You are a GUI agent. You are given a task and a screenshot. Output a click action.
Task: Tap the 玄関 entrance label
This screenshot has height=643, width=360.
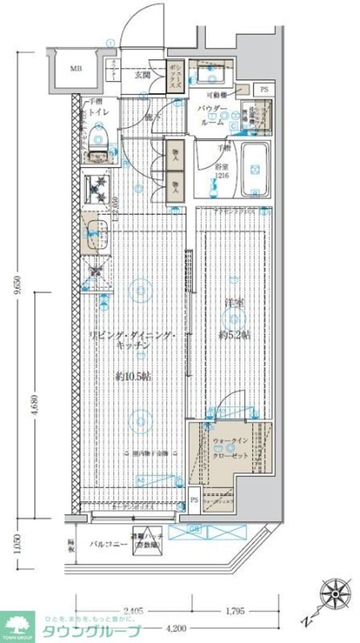[x=142, y=75]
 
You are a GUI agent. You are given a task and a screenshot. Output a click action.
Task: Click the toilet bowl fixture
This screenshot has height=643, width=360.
[x=97, y=143]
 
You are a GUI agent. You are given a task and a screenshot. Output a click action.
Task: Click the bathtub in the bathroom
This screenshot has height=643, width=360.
[x=256, y=170]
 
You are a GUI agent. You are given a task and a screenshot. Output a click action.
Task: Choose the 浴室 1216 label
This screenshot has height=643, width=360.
[x=222, y=171]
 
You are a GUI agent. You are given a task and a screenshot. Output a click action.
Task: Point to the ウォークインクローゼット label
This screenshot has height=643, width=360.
[x=230, y=448]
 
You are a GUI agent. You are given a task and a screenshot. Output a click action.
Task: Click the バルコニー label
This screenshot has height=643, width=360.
[x=108, y=545]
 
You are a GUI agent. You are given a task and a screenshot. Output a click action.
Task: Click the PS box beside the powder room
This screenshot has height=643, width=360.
[x=265, y=89]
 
